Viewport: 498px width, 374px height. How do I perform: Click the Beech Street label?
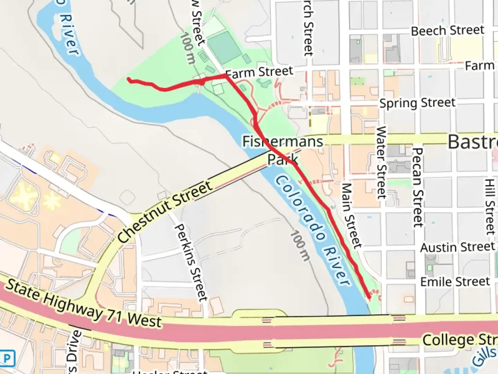(447, 30)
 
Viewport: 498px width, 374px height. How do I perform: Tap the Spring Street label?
(417, 103)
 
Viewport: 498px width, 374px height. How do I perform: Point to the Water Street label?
(381, 162)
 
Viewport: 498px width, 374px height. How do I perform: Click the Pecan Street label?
(418, 187)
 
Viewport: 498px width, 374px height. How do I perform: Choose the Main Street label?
(352, 215)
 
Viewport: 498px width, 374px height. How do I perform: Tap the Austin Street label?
(457, 247)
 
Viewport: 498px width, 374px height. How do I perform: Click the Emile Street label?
(455, 282)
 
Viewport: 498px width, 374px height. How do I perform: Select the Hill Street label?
(490, 207)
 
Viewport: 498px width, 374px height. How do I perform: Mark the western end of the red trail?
(129, 80)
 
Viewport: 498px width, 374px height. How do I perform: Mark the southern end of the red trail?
(369, 296)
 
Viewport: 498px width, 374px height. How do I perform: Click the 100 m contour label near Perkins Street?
(299, 245)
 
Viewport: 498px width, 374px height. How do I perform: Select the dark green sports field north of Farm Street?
(224, 46)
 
